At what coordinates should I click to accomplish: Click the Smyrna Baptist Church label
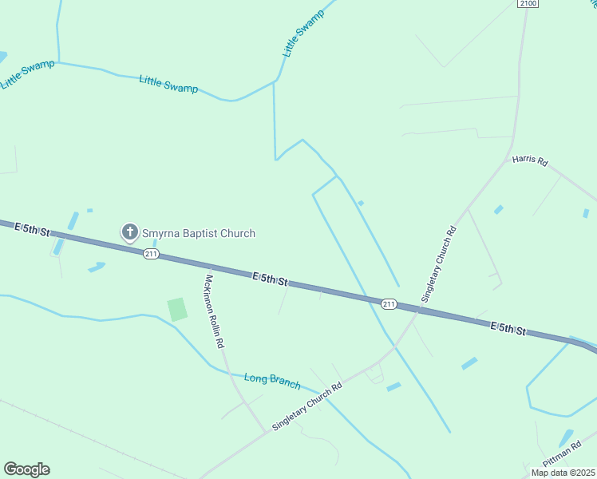[199, 233]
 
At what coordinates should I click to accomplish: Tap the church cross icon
[129, 232]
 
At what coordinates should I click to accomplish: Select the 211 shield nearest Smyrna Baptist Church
[152, 254]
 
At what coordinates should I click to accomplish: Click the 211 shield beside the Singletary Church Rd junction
[389, 303]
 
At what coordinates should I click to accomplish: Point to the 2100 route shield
[528, 4]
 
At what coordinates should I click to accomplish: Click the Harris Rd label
[531, 160]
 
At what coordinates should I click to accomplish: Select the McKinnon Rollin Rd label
[213, 311]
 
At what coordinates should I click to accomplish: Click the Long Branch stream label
[272, 381]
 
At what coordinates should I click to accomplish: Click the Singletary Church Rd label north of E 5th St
[439, 263]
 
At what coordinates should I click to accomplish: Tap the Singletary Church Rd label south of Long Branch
[306, 406]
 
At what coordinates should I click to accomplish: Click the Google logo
[26, 469]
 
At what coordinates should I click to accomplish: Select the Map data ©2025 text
[563, 473]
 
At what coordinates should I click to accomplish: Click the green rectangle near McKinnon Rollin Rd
[177, 309]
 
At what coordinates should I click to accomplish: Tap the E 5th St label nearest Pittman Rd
[508, 328]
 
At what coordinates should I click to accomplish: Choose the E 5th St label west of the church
[32, 230]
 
